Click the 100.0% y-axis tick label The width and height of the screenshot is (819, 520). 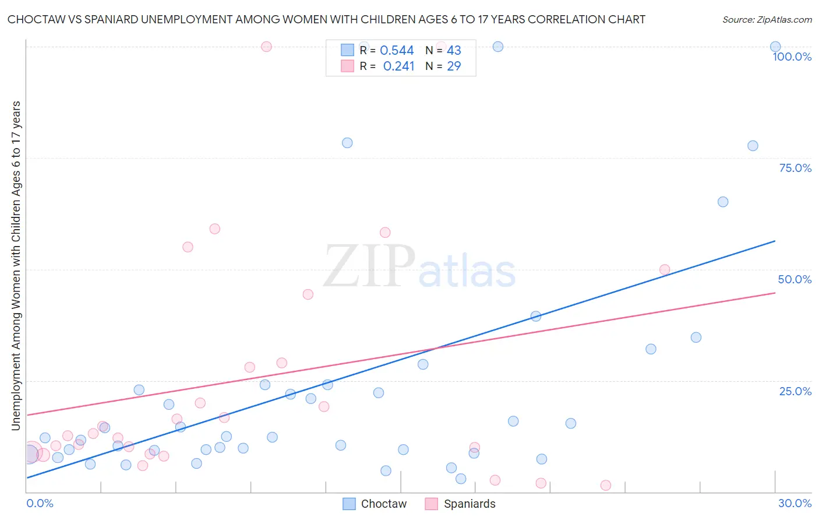[792, 57]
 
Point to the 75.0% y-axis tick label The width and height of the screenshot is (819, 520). [795, 168]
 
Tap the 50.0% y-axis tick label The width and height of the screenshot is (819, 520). [795, 279]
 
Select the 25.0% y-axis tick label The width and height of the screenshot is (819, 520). [795, 391]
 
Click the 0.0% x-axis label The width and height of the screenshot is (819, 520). [40, 503]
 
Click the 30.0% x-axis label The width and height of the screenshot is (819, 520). [795, 503]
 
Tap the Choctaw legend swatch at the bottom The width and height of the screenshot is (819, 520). [349, 504]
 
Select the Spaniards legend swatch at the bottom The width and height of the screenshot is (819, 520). [431, 504]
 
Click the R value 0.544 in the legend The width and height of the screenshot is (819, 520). [397, 51]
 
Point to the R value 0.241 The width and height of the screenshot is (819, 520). [398, 66]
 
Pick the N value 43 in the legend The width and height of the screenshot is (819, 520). [454, 51]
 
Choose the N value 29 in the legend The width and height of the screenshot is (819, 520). [454, 66]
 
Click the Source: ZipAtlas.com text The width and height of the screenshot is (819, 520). [767, 20]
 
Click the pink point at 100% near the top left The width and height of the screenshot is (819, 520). [266, 47]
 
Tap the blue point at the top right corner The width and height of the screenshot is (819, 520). [775, 47]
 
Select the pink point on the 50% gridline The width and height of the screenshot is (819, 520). [665, 270]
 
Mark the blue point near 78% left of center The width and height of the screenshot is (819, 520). [347, 143]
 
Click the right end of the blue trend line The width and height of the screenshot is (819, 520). [775, 241]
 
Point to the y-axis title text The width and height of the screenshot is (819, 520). [16, 266]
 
